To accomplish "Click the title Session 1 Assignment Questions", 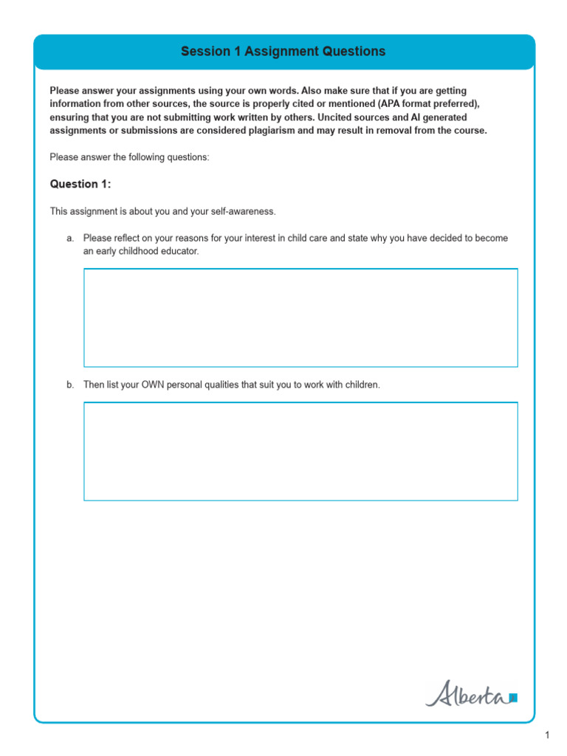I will click(283, 52).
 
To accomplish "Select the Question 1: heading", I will click(80, 184).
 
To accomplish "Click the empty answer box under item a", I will click(300, 317).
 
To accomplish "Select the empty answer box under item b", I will click(300, 451).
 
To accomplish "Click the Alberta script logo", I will click(466, 694).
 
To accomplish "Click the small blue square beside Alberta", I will click(514, 697).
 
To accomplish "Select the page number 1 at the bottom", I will click(547, 735).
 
